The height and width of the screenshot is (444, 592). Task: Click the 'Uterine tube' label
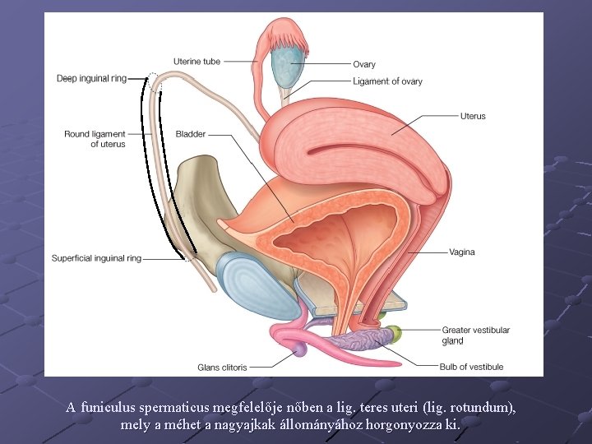(x=197, y=62)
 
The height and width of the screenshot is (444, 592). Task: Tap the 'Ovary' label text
(x=364, y=65)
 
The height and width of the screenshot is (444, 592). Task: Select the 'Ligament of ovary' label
(x=387, y=81)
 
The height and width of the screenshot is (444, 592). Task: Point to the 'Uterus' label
(x=473, y=116)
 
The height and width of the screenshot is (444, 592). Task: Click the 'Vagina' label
(x=461, y=252)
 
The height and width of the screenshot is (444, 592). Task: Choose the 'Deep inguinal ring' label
(x=91, y=79)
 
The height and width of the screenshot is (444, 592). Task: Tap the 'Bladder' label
(x=191, y=134)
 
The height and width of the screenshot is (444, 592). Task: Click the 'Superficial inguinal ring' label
(x=96, y=258)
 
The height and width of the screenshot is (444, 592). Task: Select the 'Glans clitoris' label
(x=223, y=367)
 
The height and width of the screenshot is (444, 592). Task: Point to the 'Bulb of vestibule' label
(x=472, y=367)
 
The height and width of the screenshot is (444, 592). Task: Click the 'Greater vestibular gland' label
(x=475, y=335)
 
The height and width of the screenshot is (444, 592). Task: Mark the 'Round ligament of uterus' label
(x=95, y=139)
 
